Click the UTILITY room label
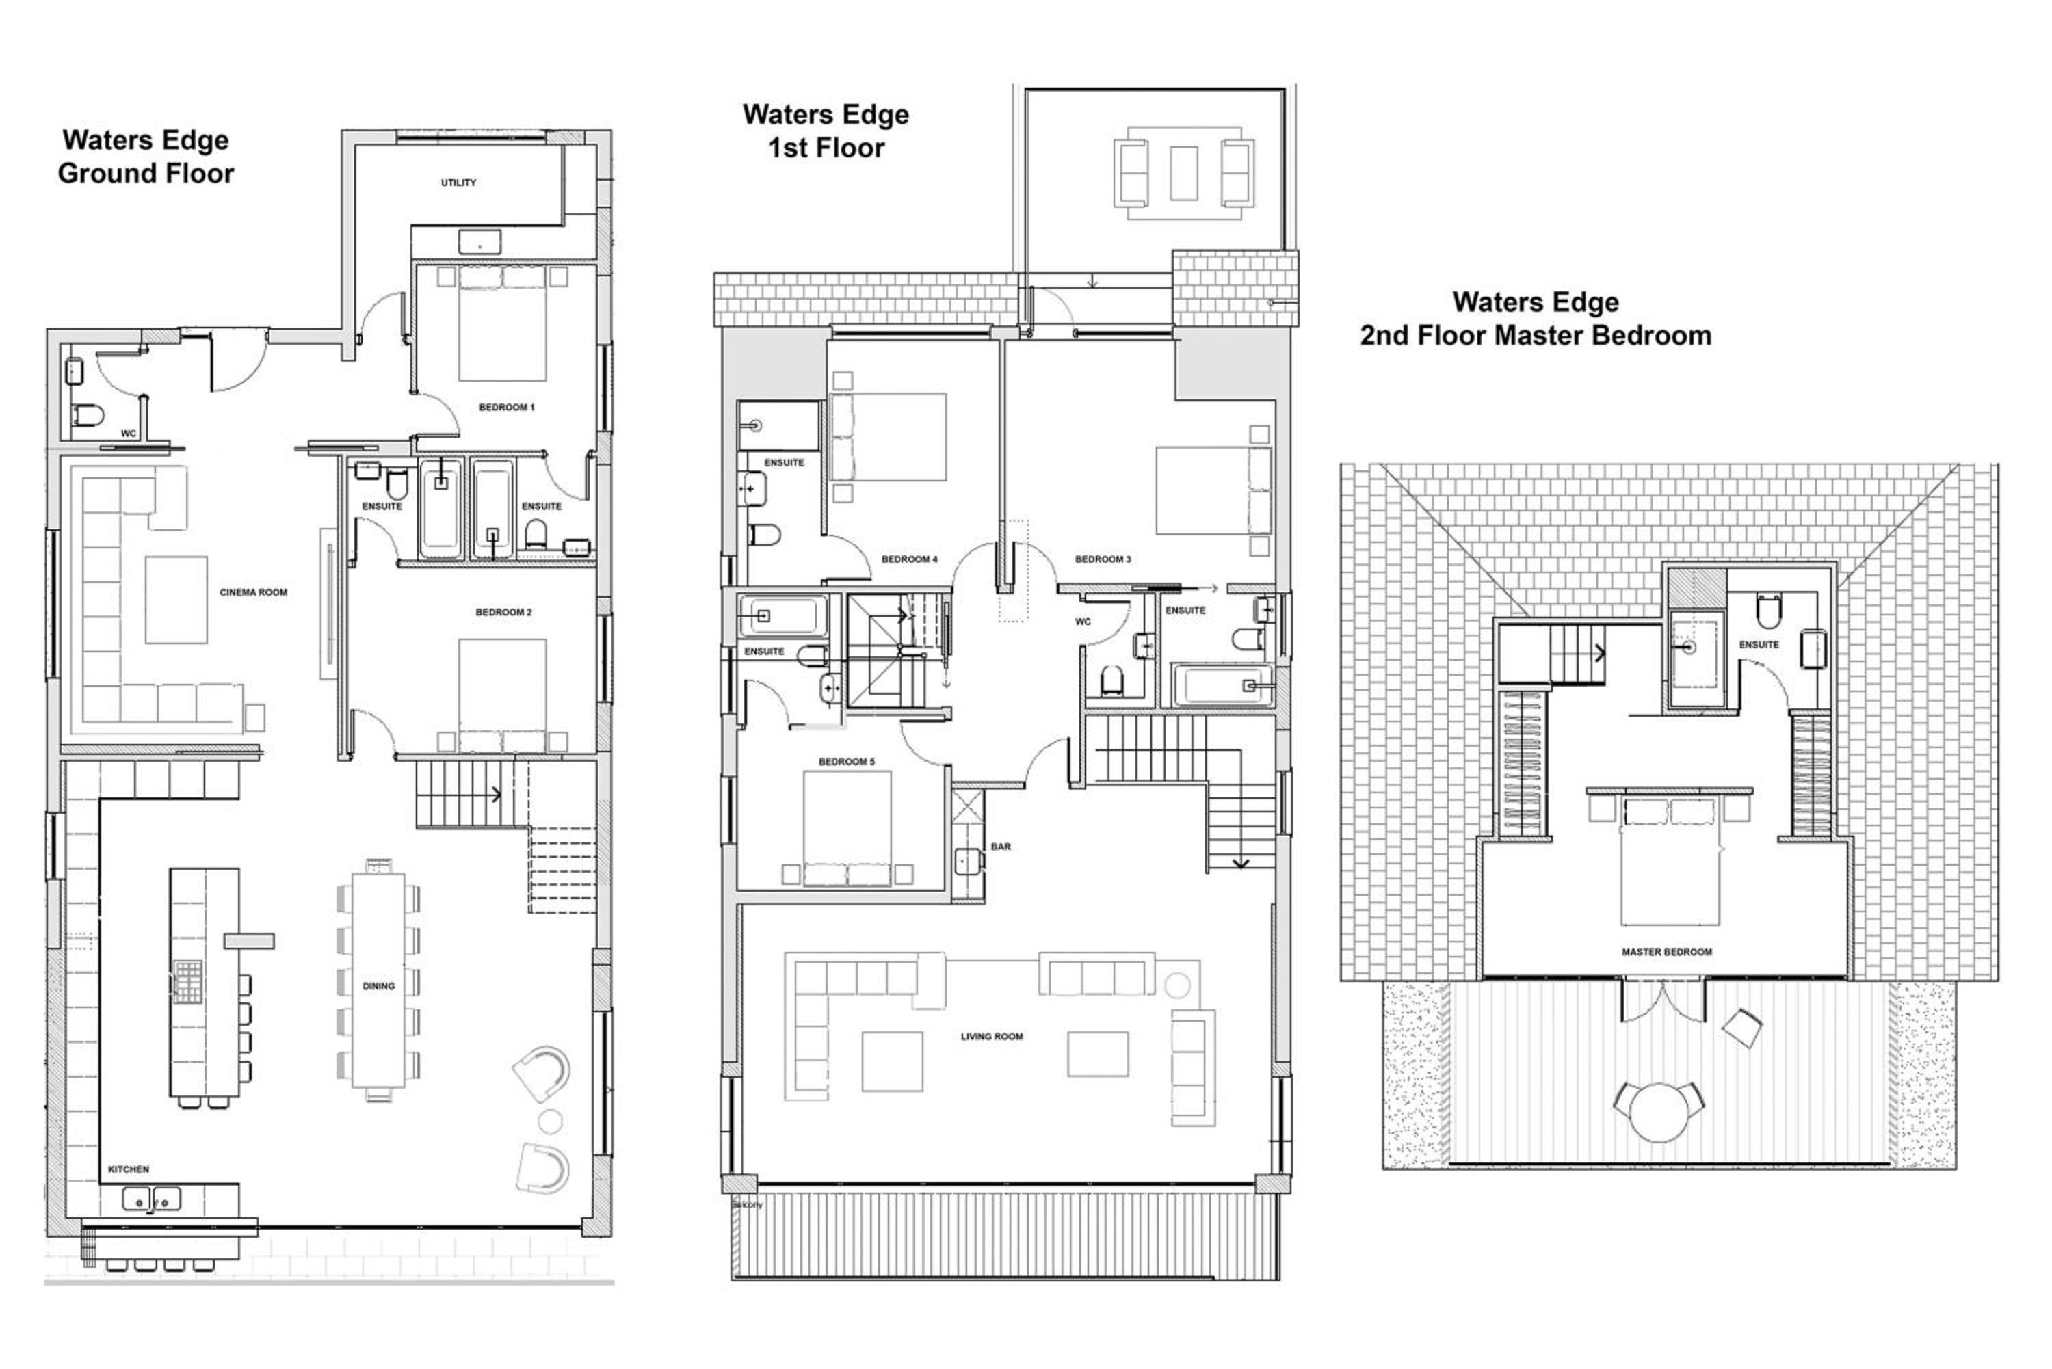pyautogui.click(x=458, y=183)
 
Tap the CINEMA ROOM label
pyautogui.click(x=253, y=593)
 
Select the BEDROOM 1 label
pyautogui.click(x=506, y=408)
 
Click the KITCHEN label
pyautogui.click(x=129, y=1170)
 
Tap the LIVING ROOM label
pyautogui.click(x=992, y=1037)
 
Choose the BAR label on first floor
pyautogui.click(x=1001, y=847)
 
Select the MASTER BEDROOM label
pyautogui.click(x=1667, y=953)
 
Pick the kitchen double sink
pyautogui.click(x=152, y=1199)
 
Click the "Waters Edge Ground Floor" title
pyautogui.click(x=146, y=157)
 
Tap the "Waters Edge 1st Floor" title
pyautogui.click(x=826, y=131)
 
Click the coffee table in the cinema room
pyautogui.click(x=176, y=600)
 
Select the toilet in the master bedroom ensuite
pyautogui.click(x=1768, y=611)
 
